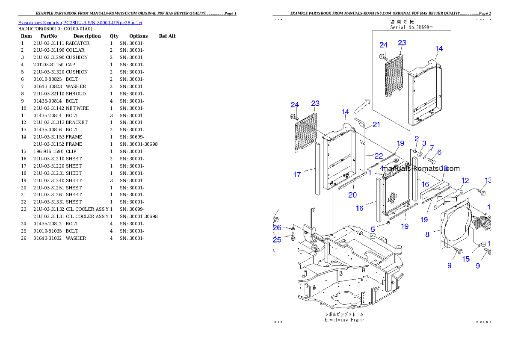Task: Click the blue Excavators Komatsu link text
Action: click(x=80, y=22)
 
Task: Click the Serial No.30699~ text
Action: click(x=412, y=27)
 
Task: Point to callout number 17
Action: click(x=297, y=174)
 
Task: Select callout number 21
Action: click(x=376, y=124)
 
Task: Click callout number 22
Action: click(x=379, y=156)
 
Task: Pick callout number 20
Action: click(x=352, y=195)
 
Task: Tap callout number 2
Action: click(x=417, y=138)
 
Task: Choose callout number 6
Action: click(x=439, y=152)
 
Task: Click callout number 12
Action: click(x=465, y=181)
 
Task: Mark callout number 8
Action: click(x=427, y=234)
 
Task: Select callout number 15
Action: click(x=465, y=259)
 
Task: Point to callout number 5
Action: click(x=373, y=229)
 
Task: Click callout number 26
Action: click(x=277, y=227)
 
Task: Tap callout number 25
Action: click(x=277, y=239)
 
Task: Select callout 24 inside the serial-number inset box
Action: click(x=383, y=45)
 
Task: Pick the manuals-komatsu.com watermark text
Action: click(x=421, y=169)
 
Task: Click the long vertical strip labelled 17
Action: click(x=317, y=169)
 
